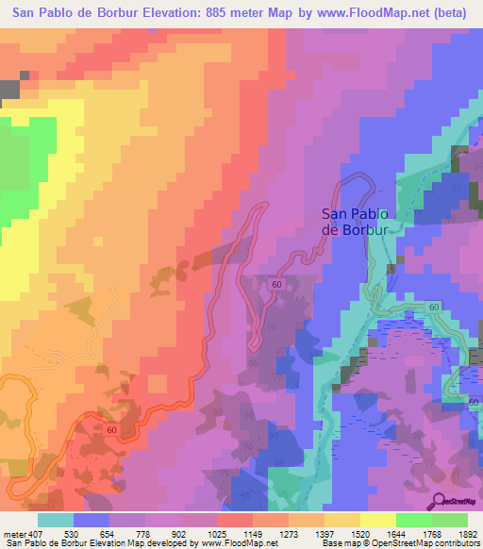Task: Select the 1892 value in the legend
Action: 466,533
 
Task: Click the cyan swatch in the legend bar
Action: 56,520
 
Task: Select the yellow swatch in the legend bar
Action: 377,520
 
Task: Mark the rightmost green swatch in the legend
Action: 449,520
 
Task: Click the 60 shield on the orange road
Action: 111,430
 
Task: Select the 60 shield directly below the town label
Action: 275,283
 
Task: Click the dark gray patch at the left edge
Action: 8,90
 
